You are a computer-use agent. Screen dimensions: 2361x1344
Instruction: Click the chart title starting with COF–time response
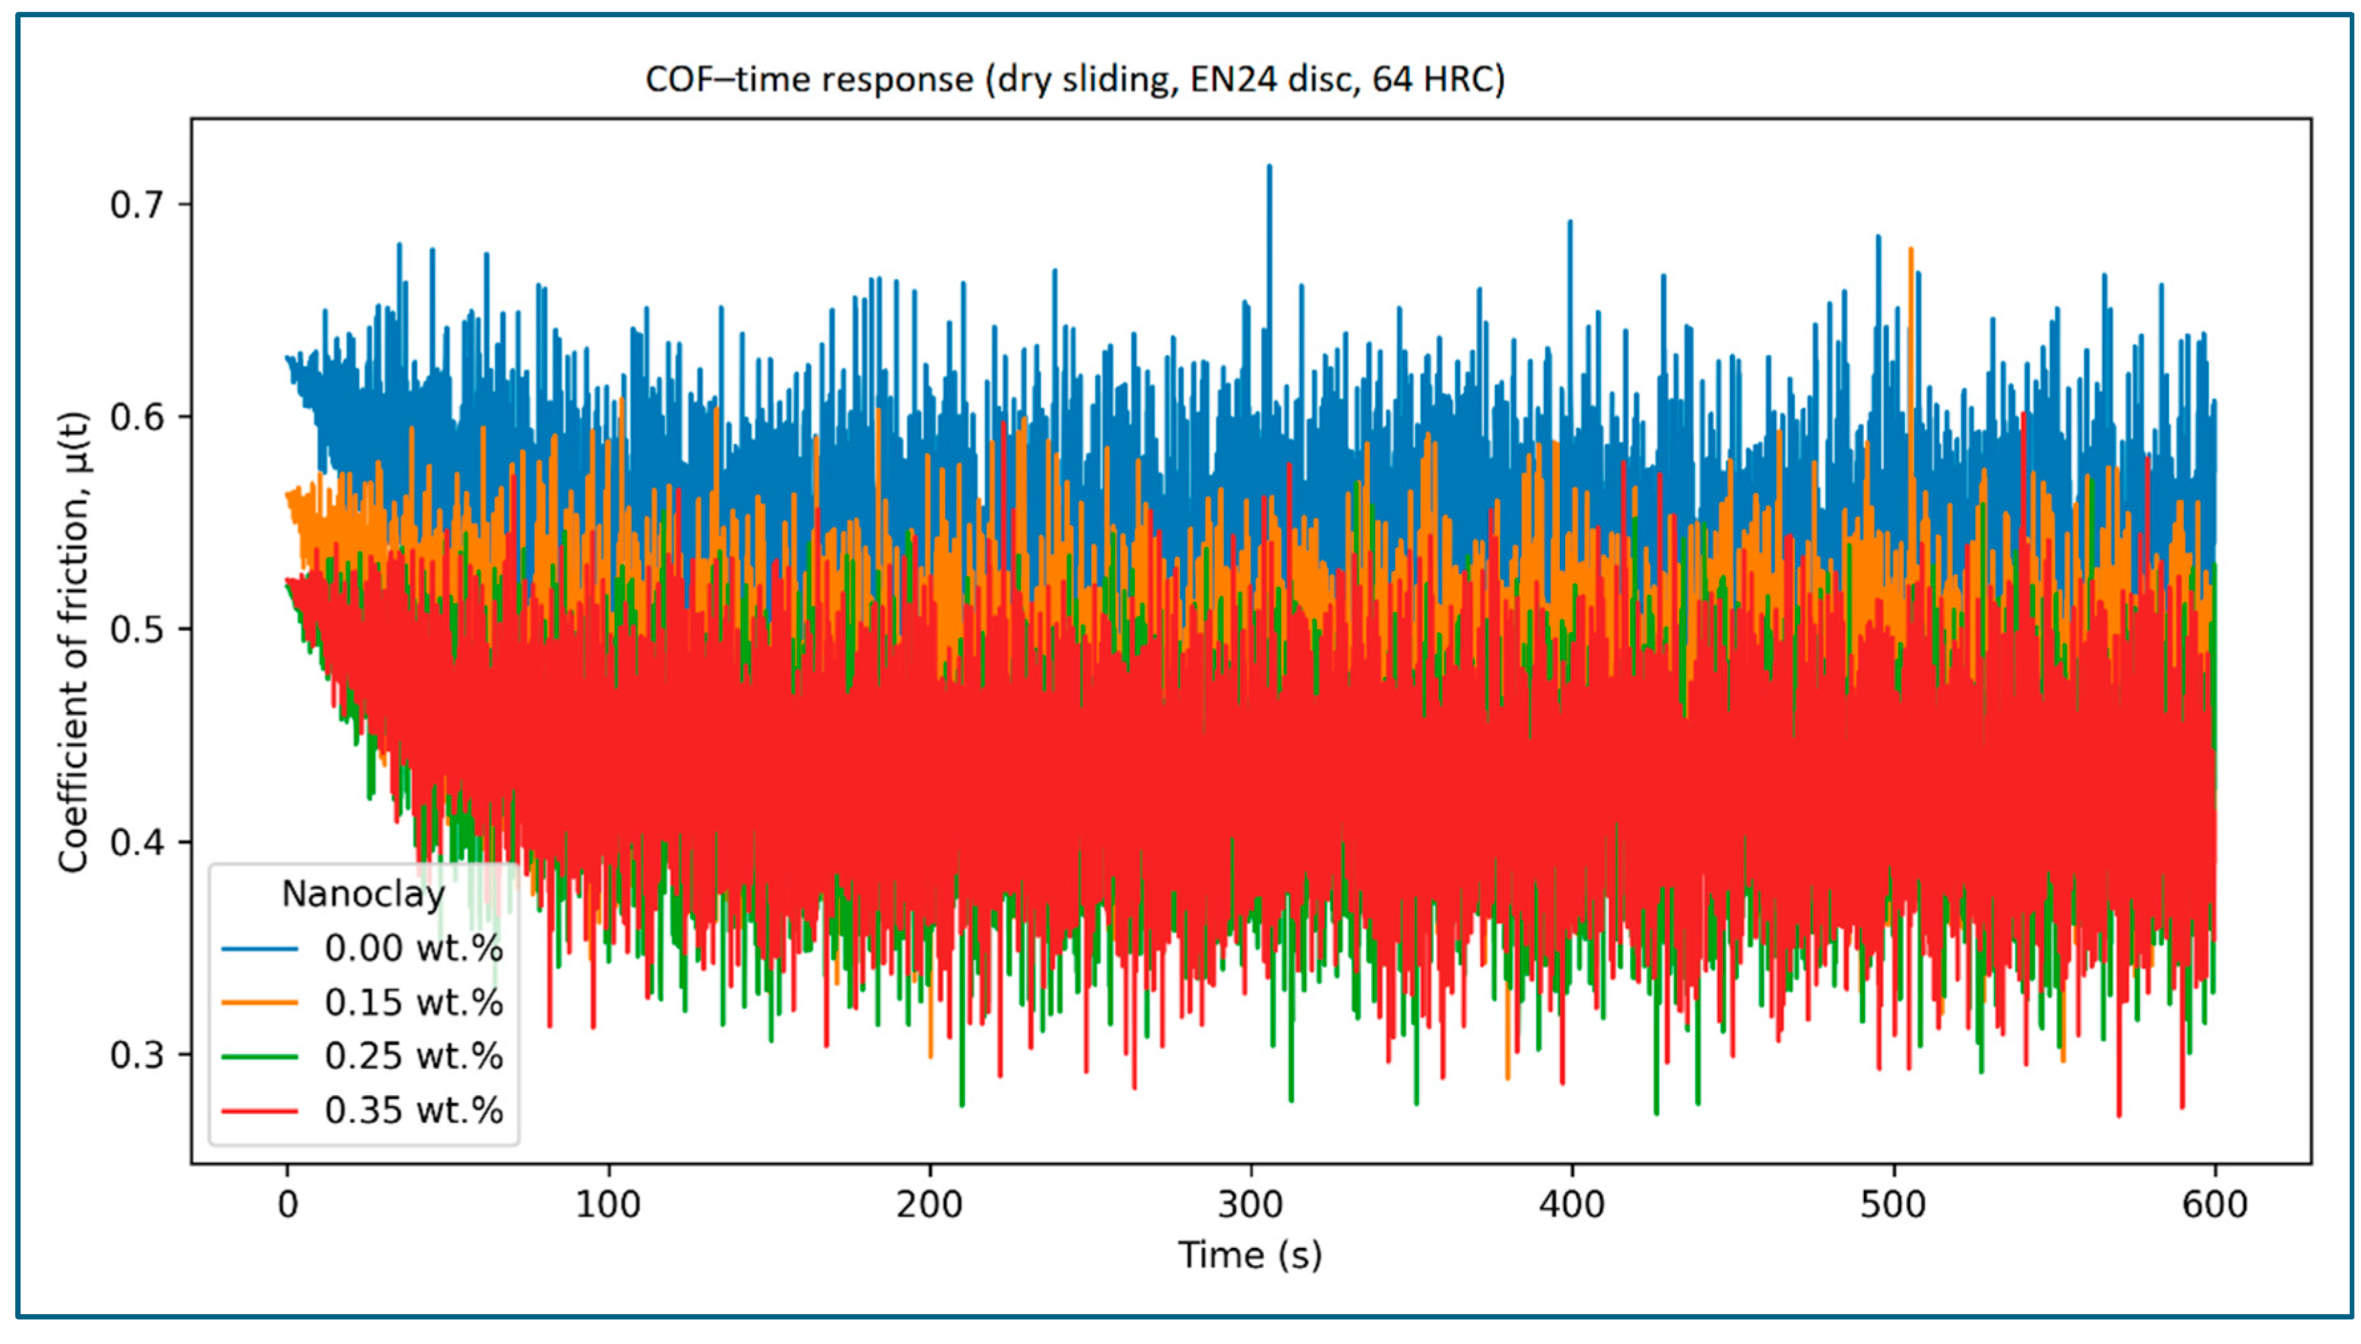coord(1075,80)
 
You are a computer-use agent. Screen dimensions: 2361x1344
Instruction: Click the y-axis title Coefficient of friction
coord(73,641)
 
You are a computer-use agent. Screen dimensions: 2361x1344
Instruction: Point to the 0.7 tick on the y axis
coord(137,204)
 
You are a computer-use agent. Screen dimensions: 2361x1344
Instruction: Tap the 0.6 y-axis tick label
coord(137,417)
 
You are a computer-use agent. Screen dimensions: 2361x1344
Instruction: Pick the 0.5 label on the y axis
coord(137,630)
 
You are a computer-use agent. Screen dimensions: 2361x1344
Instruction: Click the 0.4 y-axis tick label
coord(137,842)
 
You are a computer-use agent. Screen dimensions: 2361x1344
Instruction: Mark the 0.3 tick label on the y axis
coord(137,1054)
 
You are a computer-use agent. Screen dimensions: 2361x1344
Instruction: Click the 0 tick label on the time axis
coord(288,1205)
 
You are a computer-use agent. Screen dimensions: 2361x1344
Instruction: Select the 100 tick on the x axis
coord(609,1205)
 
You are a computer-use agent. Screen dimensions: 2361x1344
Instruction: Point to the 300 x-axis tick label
coord(1251,1205)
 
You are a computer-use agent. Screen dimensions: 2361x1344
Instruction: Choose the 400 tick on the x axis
coord(1572,1205)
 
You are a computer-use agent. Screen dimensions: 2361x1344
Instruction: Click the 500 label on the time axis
coord(1894,1205)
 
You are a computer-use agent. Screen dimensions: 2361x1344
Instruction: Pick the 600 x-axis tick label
coord(2215,1205)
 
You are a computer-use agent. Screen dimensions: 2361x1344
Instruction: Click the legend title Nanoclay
coord(364,894)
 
